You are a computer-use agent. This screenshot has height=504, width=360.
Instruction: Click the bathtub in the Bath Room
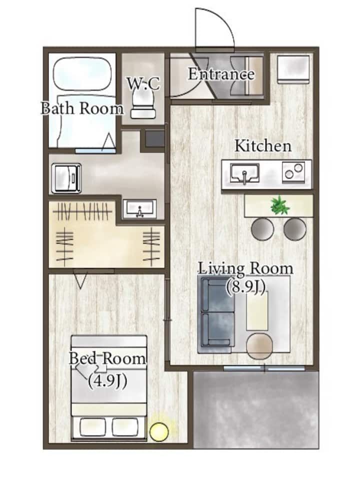point(82,74)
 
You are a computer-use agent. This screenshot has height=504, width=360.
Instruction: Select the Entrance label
point(221,74)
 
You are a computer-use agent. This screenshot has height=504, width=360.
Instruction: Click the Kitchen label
point(263,146)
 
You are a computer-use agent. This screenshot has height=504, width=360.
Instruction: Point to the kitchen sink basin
point(244,174)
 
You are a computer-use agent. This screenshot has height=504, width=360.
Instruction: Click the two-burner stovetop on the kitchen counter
point(293,172)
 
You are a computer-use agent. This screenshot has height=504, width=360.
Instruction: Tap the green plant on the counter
point(280,206)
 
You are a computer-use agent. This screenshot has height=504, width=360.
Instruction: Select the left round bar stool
point(262,229)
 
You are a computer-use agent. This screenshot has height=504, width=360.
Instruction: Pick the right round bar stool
point(295,229)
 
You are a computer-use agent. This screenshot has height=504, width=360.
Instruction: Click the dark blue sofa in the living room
point(217,315)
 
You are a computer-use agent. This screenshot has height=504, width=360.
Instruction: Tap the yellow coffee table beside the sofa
point(257,312)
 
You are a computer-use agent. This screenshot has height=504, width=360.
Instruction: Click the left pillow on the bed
point(93,427)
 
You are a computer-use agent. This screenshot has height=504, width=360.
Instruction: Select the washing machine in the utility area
point(66,178)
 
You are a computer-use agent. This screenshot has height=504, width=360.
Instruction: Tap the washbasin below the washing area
point(139,209)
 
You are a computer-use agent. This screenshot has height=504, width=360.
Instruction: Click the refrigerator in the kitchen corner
point(293,70)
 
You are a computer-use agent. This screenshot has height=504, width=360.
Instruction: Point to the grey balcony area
point(256,410)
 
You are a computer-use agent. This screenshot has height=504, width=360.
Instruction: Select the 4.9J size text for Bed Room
point(107,381)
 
